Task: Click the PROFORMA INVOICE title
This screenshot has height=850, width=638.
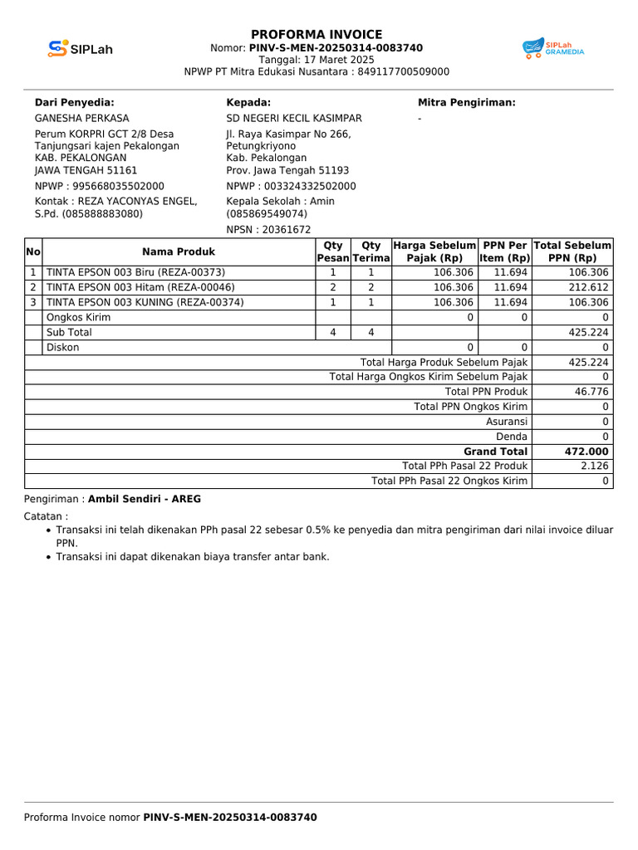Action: (x=317, y=34)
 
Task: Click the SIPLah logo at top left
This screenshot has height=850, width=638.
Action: (x=80, y=49)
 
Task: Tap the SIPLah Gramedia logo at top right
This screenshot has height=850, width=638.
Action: (x=552, y=48)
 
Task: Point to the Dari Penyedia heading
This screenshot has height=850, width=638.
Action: (x=74, y=102)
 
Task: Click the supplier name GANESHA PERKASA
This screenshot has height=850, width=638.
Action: (x=81, y=119)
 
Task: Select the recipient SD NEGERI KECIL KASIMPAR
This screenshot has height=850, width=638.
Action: (x=294, y=119)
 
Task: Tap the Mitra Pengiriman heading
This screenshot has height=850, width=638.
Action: (x=466, y=102)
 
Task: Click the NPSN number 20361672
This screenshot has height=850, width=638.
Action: (x=287, y=230)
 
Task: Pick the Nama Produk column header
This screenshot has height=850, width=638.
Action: (x=178, y=252)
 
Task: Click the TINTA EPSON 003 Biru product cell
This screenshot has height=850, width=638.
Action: (x=135, y=272)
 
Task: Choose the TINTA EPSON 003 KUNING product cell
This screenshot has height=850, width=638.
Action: (x=145, y=302)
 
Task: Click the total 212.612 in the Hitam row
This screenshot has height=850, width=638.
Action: (x=589, y=287)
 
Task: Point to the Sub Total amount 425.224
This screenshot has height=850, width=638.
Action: (x=589, y=332)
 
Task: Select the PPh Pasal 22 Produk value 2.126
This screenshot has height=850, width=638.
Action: (x=596, y=466)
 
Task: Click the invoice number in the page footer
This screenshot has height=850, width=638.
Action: (x=229, y=818)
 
